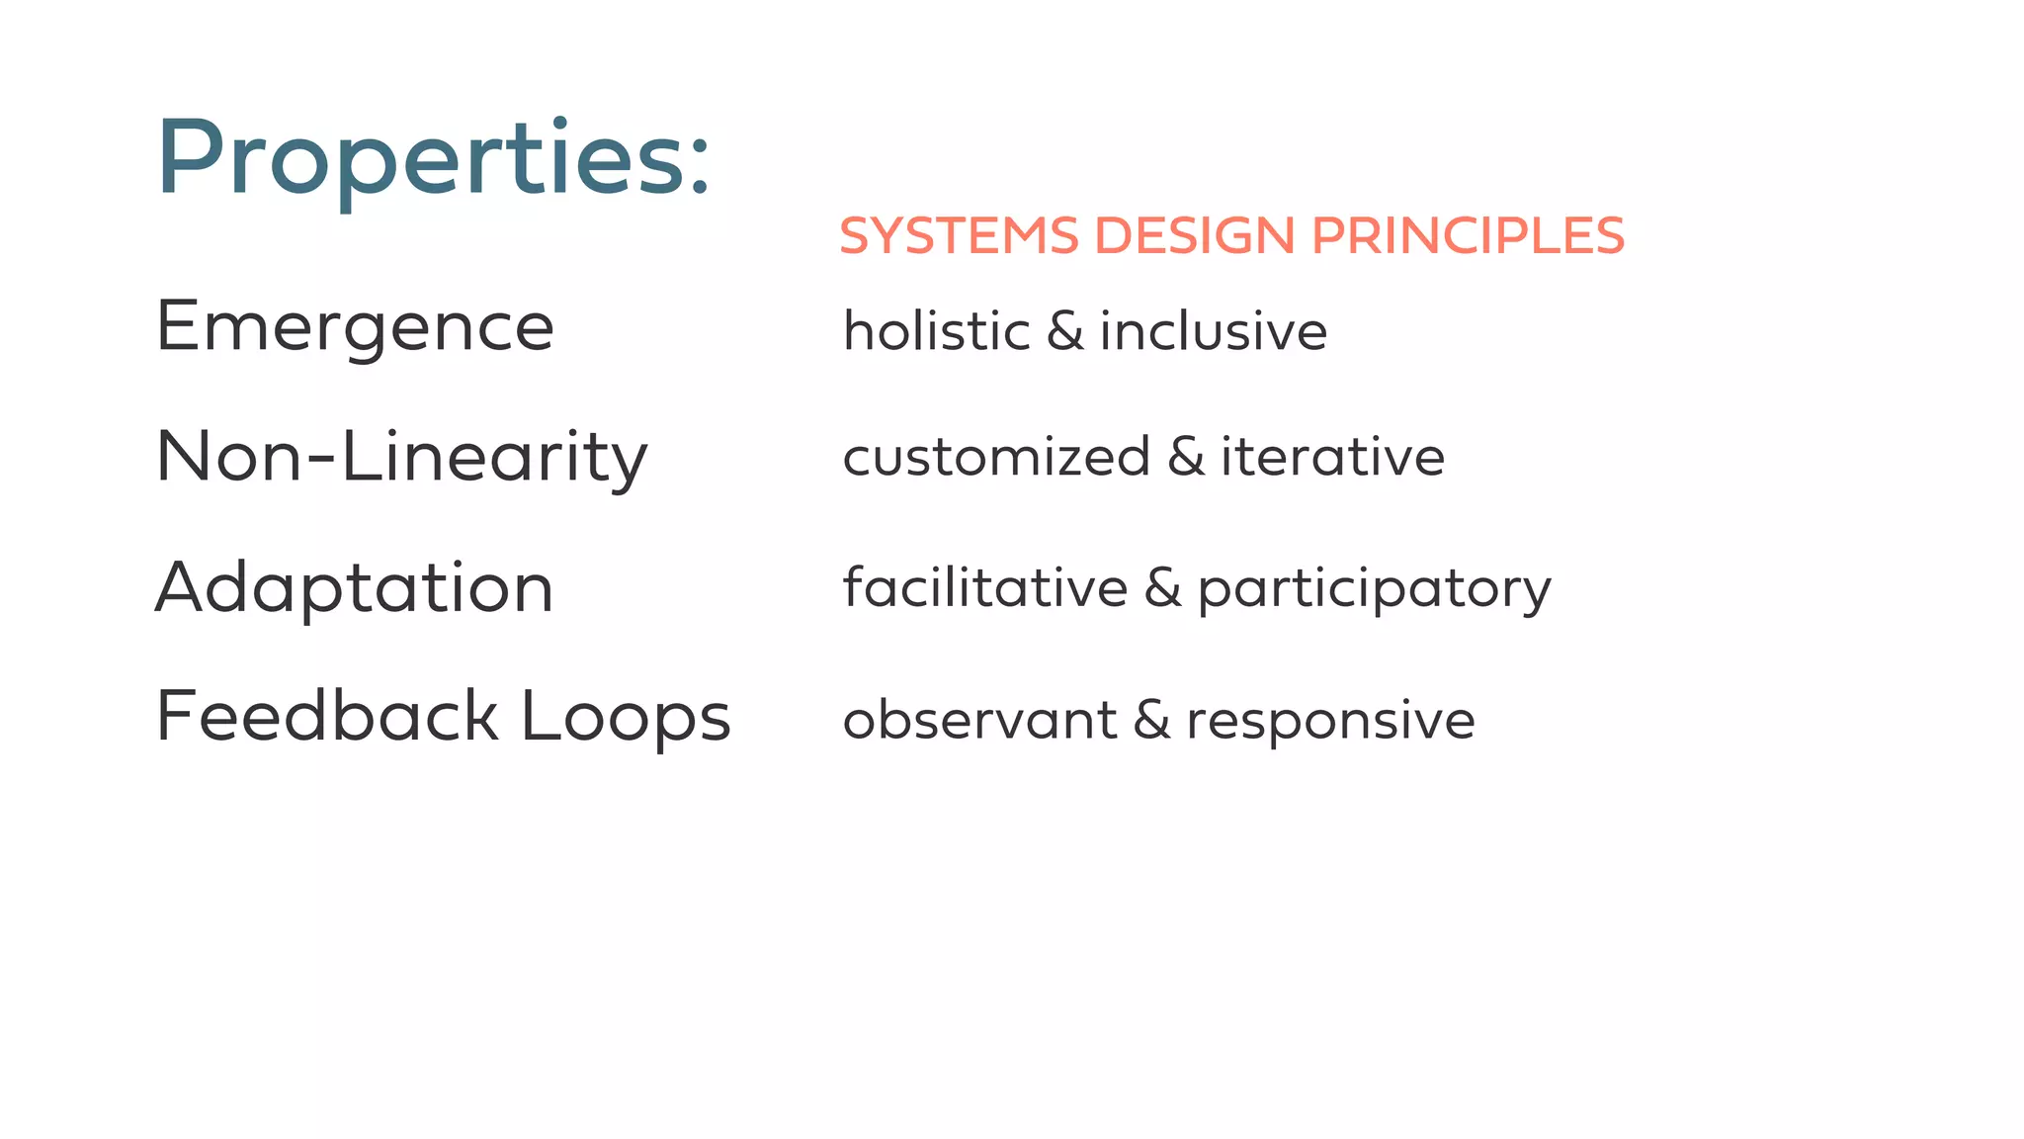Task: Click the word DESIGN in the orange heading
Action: coord(1195,236)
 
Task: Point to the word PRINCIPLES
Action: coord(1468,236)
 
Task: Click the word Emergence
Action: coord(355,327)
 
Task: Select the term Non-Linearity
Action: coord(401,458)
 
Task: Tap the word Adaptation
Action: coord(354,587)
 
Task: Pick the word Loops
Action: coord(626,719)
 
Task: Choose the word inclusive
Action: coord(1214,330)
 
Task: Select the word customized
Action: coord(996,457)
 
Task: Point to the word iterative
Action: coord(1332,457)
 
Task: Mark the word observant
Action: coord(979,720)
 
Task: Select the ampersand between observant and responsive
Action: coord(1151,720)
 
